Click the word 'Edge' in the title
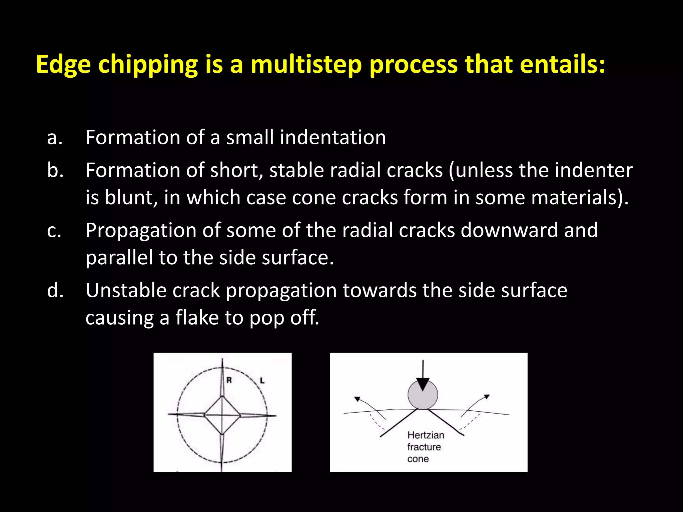[x=63, y=65]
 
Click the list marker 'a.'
[x=55, y=138]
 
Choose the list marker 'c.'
[x=54, y=231]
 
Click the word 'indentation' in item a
[x=332, y=137]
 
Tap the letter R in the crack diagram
[x=229, y=380]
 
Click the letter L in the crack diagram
[x=262, y=380]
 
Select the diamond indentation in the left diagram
[x=222, y=415]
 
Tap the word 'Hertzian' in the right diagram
[x=426, y=435]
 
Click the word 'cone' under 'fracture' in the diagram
[x=418, y=459]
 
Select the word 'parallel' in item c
[x=119, y=258]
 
